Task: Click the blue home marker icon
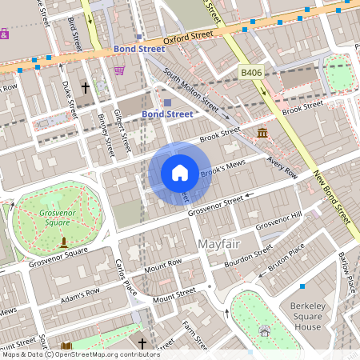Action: [x=179, y=172]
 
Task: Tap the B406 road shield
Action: [x=252, y=73]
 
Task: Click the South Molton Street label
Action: [x=190, y=89]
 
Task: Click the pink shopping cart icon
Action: [x=119, y=70]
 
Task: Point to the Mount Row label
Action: [x=163, y=267]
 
